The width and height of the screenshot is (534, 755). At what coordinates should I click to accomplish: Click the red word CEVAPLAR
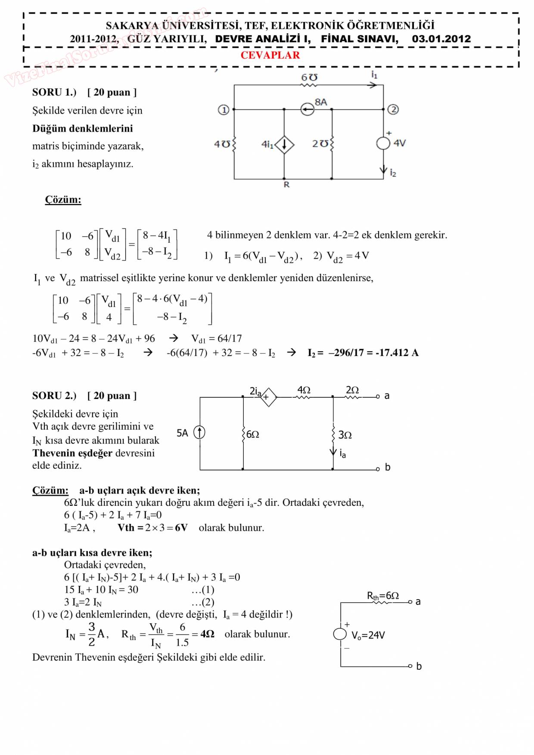coord(270,56)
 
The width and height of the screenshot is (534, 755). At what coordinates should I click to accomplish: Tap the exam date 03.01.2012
coord(441,39)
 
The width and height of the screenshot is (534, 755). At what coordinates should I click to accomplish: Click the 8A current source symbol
coord(307,109)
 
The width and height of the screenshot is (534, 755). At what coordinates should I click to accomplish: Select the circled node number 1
coord(224,110)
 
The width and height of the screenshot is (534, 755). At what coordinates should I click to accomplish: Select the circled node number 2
coord(393,109)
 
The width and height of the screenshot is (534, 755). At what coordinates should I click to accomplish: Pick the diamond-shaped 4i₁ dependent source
coord(284,145)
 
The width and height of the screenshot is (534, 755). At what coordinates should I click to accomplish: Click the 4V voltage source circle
coord(383,143)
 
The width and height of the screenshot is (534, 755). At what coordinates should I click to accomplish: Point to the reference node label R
coord(286,185)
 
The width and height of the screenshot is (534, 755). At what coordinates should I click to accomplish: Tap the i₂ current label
coord(393,173)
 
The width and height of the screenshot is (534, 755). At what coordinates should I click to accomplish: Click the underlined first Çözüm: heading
coord(63,200)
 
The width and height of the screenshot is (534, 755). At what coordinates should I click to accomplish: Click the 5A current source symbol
coord(199,432)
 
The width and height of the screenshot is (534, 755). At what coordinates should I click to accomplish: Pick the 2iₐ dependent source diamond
coord(268,397)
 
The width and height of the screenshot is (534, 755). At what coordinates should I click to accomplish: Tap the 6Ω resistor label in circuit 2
coord(253,434)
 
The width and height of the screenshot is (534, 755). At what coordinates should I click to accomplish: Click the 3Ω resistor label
coord(345,435)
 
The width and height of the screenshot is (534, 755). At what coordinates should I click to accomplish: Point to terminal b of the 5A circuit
coord(387,467)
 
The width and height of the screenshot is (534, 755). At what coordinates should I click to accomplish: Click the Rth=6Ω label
coord(383,596)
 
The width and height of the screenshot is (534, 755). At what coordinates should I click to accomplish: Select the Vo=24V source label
coord(368,635)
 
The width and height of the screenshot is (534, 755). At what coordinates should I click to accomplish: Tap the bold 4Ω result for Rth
coord(207,634)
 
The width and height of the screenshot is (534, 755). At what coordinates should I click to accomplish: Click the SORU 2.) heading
coord(54,396)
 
